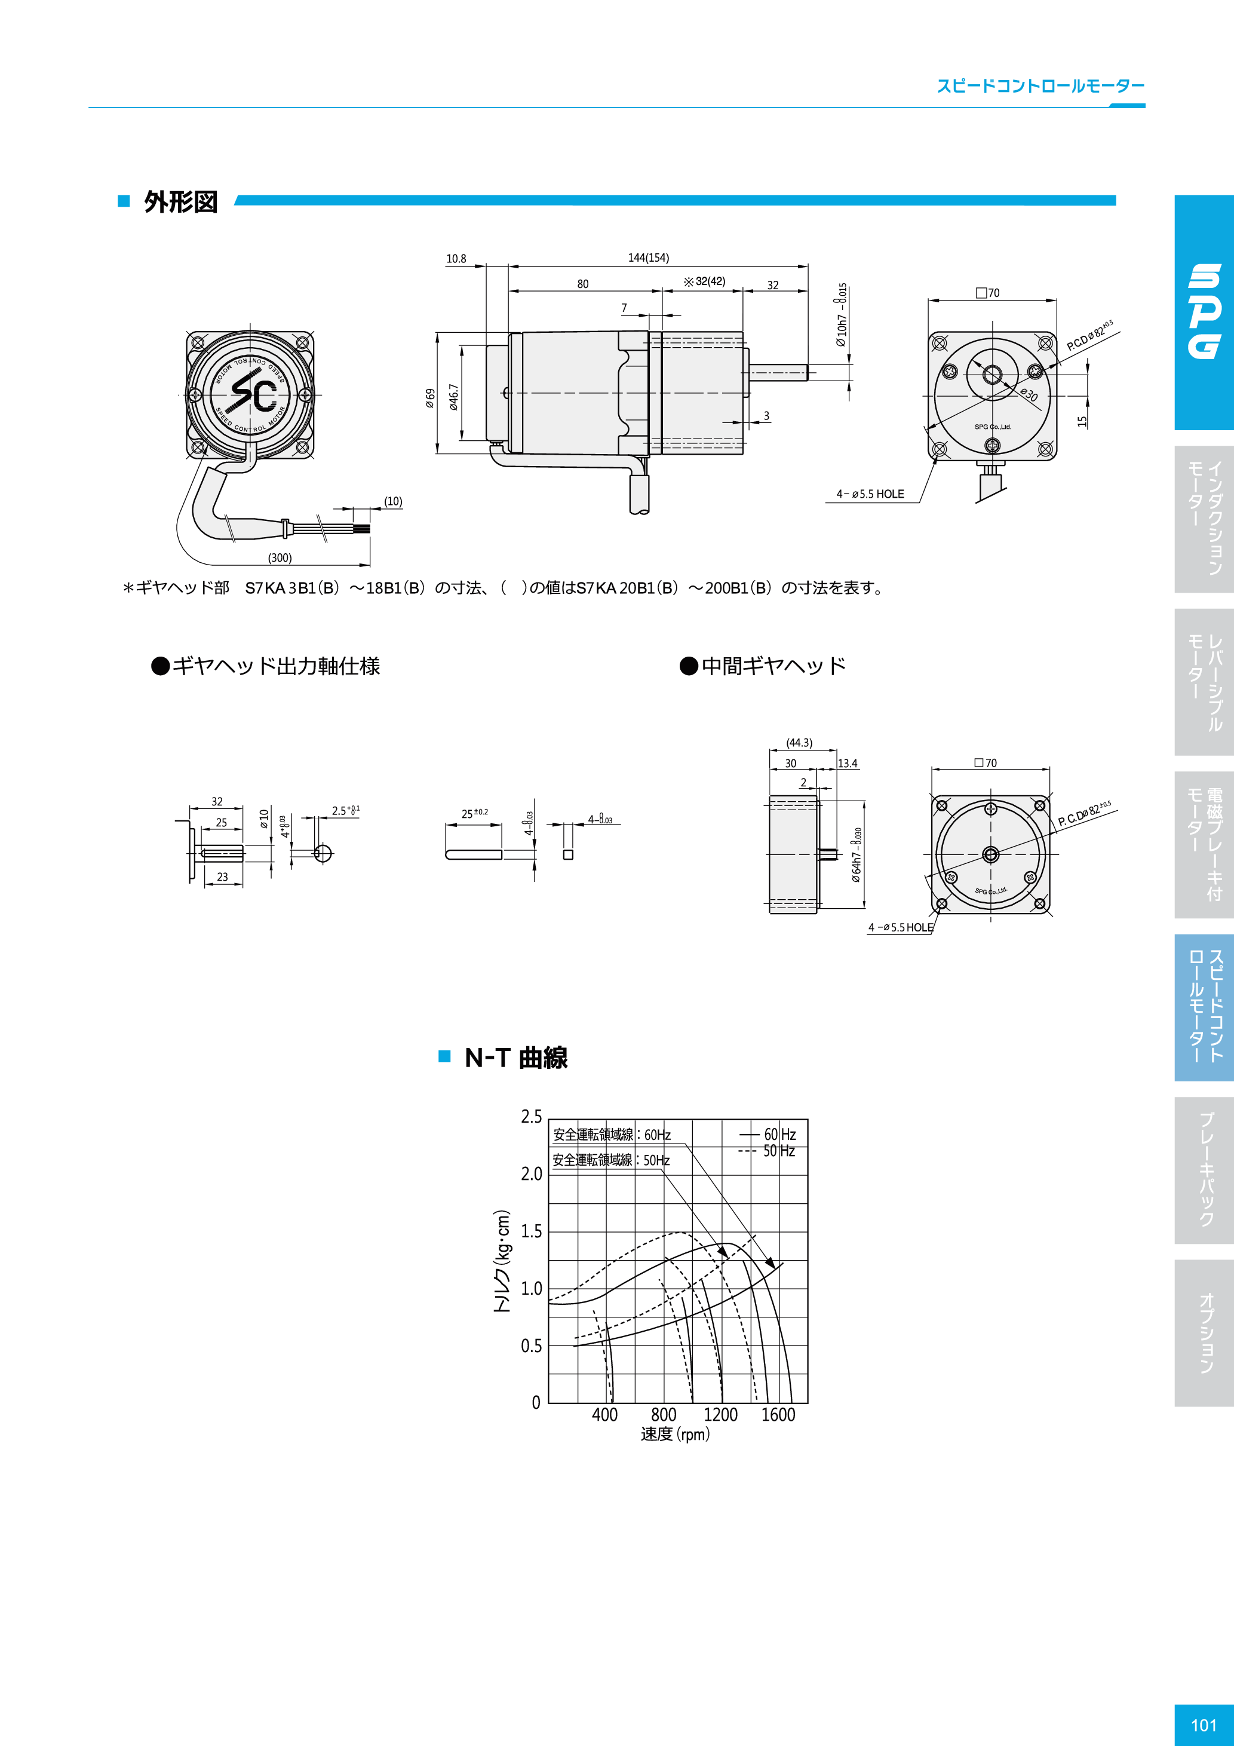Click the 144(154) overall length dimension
coord(648,258)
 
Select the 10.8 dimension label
coord(456,259)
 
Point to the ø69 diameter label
coord(431,398)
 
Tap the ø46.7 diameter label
coord(454,397)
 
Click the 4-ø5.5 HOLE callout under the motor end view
coord(870,494)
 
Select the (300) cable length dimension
coord(279,557)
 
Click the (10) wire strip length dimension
coord(392,501)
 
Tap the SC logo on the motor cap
coord(253,394)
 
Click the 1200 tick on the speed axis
coord(720,1414)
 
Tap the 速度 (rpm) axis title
coord(675,1435)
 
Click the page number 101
coord(1204,1725)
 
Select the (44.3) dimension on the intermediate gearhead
coord(799,743)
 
